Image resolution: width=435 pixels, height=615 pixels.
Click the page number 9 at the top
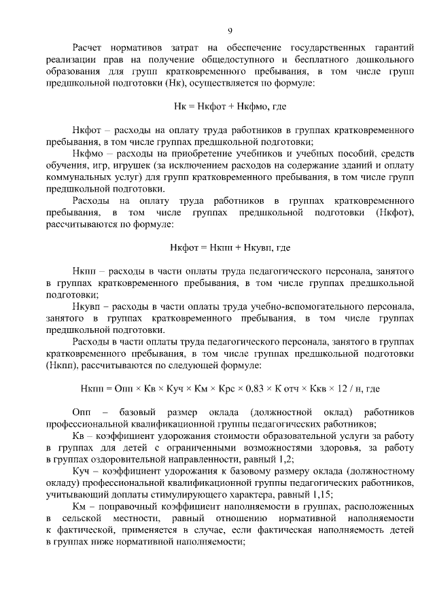(230, 31)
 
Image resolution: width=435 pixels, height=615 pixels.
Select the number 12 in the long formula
(343, 389)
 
